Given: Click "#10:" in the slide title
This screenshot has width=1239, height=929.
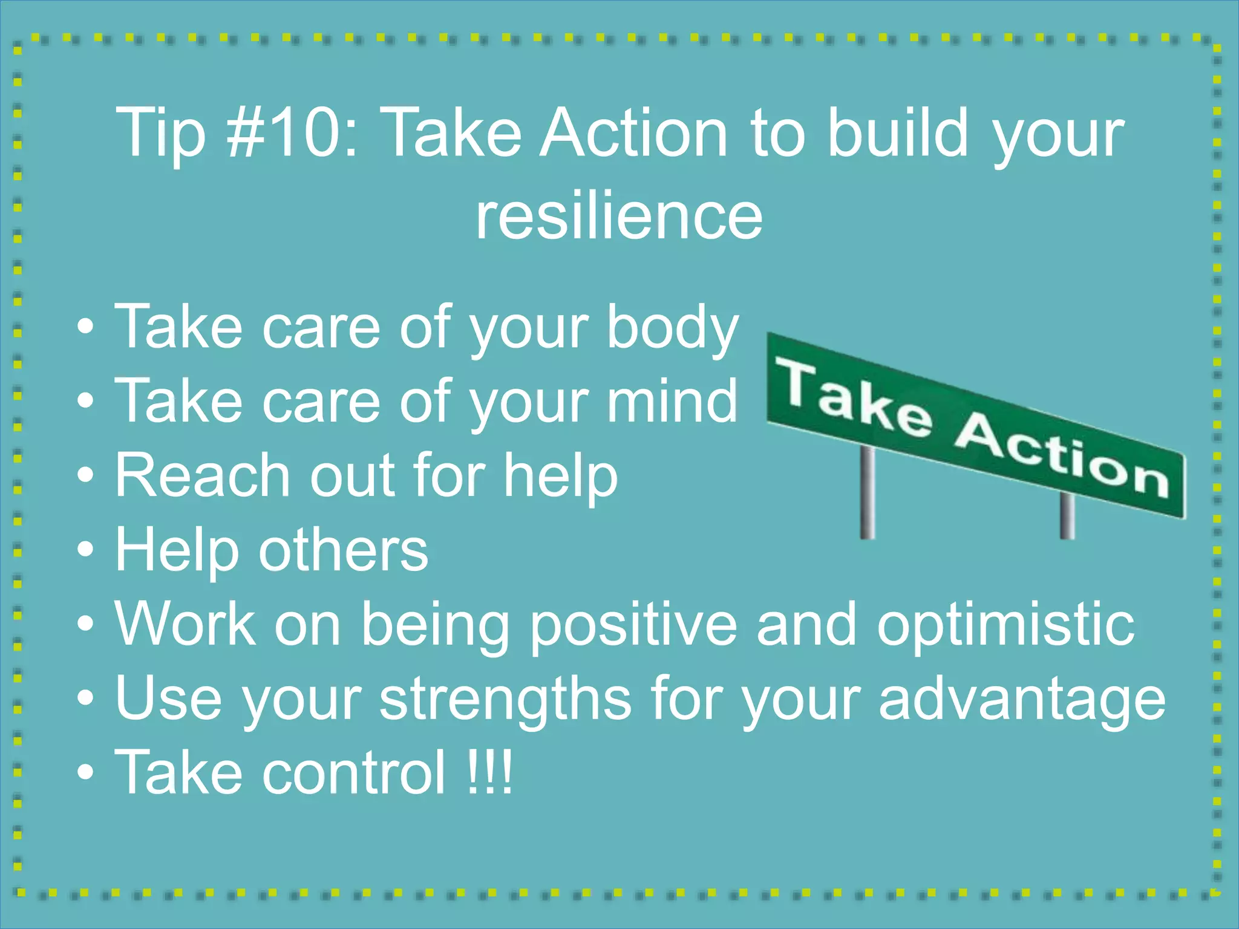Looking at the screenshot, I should (x=292, y=132).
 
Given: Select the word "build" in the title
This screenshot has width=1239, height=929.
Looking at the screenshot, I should (x=898, y=132).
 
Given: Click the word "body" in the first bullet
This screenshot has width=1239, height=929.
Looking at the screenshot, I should (x=673, y=328).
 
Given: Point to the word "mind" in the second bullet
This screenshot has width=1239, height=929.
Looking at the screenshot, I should (x=673, y=400).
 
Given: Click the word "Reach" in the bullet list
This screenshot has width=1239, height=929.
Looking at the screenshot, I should (x=203, y=475).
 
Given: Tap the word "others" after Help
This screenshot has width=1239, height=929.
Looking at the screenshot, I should (x=344, y=550).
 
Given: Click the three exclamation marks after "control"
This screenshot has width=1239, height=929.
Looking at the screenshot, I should (x=490, y=772).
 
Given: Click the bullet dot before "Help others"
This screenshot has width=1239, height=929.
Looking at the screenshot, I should (x=86, y=550).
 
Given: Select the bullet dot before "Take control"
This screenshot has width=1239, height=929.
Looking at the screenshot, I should (x=86, y=772).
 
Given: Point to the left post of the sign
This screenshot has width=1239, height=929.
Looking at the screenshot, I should (x=868, y=493).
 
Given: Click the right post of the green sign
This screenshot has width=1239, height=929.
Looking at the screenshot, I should (x=1067, y=515).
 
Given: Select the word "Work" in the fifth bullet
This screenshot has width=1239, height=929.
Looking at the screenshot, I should (x=185, y=625).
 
